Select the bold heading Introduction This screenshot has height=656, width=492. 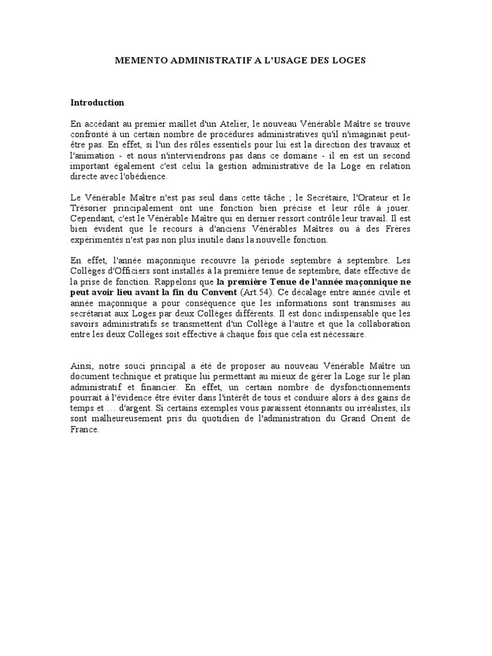(97, 102)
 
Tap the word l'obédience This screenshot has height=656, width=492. (145, 177)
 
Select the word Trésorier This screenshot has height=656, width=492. (92, 209)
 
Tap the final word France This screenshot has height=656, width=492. (85, 429)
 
